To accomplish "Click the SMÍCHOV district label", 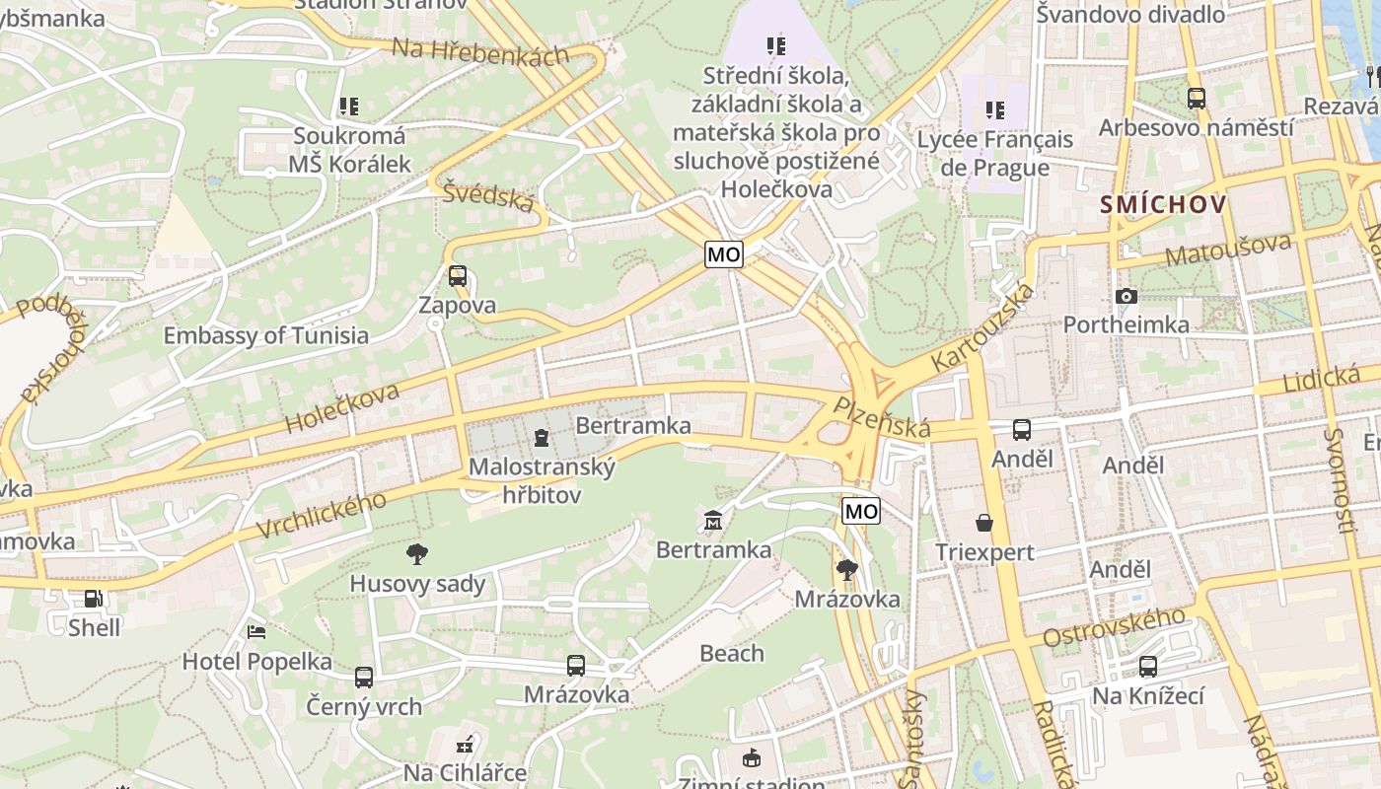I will pyautogui.click(x=1163, y=205).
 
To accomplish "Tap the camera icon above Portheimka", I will pyautogui.click(x=1126, y=296).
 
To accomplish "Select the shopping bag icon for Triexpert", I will pyautogui.click(x=983, y=523).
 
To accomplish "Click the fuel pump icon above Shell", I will pyautogui.click(x=93, y=598).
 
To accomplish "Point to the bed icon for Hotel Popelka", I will pyautogui.click(x=256, y=631).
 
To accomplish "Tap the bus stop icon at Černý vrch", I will pyautogui.click(x=364, y=678).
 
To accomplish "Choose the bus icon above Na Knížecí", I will pyautogui.click(x=1147, y=667).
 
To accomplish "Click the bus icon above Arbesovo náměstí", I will pyautogui.click(x=1196, y=98).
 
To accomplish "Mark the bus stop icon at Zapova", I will pyautogui.click(x=457, y=276).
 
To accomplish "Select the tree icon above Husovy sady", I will pyautogui.click(x=417, y=553).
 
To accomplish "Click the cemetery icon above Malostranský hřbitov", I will pyautogui.click(x=542, y=437).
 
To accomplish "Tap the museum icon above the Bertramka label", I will pyautogui.click(x=713, y=520).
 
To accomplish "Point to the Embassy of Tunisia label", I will pyautogui.click(x=265, y=335).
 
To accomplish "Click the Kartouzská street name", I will pyautogui.click(x=982, y=326).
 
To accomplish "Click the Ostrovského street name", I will pyautogui.click(x=1114, y=628).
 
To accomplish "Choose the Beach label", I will pyautogui.click(x=731, y=653).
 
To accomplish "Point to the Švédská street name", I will pyautogui.click(x=488, y=196).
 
